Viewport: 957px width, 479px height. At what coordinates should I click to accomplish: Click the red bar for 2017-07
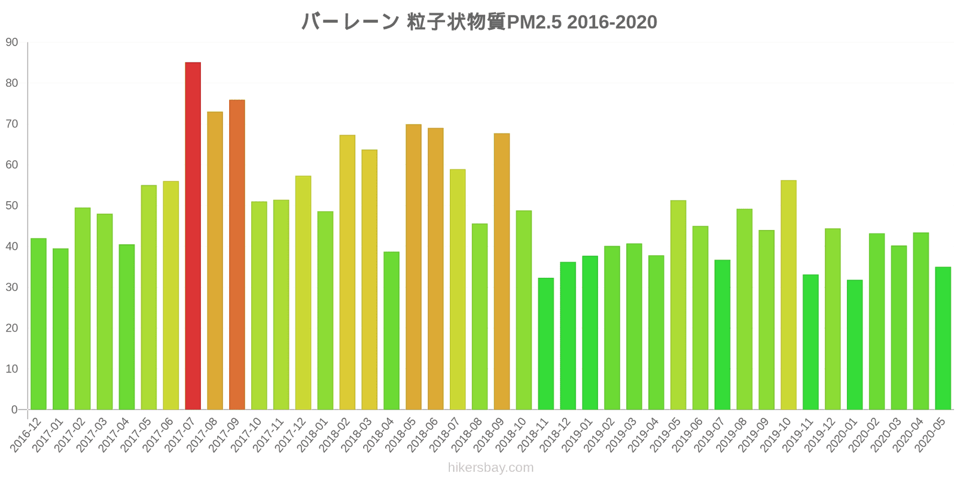[x=193, y=236]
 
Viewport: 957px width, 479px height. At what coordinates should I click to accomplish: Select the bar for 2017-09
[x=237, y=254]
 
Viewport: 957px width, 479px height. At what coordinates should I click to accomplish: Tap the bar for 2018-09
[x=502, y=271]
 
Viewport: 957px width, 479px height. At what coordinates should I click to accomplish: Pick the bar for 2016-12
[x=38, y=324]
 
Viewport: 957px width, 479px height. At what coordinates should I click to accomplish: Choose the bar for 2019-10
[x=788, y=295]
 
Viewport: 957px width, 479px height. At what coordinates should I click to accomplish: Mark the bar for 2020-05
[x=943, y=338]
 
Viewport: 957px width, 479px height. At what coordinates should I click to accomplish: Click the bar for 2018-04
[x=391, y=331]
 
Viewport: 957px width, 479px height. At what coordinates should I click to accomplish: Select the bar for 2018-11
[x=545, y=344]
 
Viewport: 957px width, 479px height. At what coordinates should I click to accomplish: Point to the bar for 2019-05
[x=678, y=305]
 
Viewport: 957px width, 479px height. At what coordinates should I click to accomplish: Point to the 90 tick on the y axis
[x=12, y=43]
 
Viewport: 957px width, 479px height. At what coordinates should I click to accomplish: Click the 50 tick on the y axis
[x=12, y=206]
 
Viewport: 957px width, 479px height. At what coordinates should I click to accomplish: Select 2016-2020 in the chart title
[x=612, y=22]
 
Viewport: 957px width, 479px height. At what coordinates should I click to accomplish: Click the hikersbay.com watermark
[x=490, y=468]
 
